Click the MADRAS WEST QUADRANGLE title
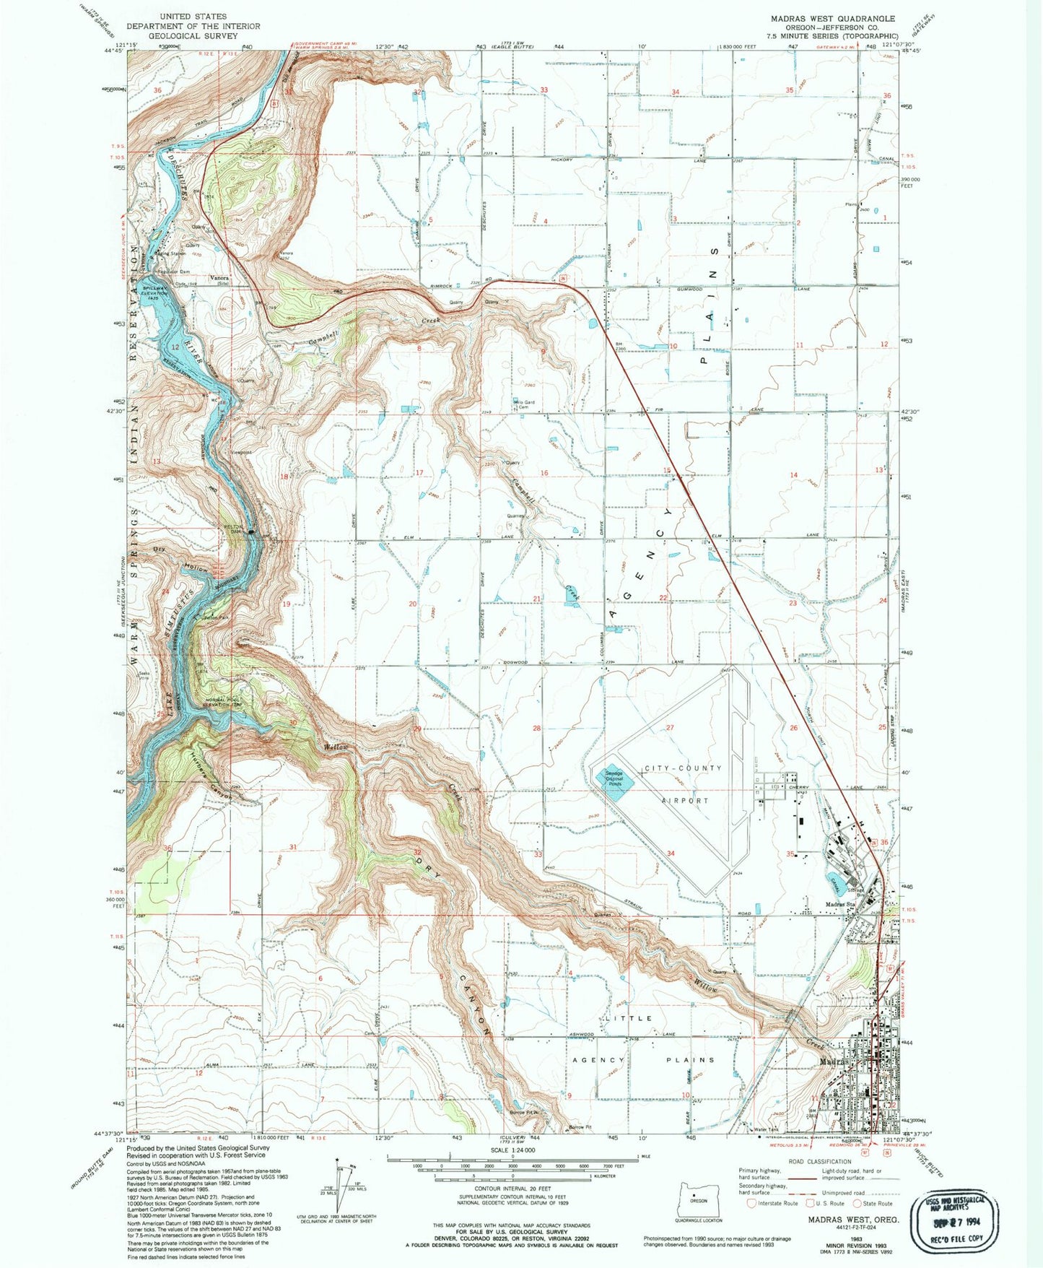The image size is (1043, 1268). point(832,19)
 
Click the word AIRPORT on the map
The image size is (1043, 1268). point(685,801)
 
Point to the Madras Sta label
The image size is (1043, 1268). point(840,905)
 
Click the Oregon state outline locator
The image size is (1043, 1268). point(697,1201)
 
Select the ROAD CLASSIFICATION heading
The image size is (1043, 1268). point(819,1162)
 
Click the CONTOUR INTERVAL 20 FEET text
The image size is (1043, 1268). point(512,1189)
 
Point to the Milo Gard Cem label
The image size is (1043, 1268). point(524,404)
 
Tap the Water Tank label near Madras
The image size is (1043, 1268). point(765,1130)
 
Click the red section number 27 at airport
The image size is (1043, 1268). point(670,728)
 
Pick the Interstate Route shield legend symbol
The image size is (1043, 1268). point(751,1204)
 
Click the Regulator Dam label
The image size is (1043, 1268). point(173,272)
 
